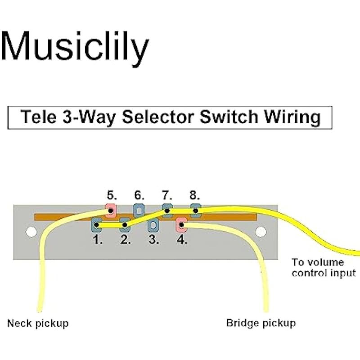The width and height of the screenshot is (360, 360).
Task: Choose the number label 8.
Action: (x=194, y=196)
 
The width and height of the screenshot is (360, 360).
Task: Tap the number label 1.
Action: (x=98, y=239)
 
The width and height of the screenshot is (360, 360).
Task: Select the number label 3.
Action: (x=154, y=239)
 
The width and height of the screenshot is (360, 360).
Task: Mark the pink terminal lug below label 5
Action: (x=110, y=210)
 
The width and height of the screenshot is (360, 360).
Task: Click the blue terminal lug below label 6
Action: (x=139, y=210)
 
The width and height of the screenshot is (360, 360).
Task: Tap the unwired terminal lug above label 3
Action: (x=153, y=224)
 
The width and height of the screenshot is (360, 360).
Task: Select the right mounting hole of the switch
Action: (x=261, y=232)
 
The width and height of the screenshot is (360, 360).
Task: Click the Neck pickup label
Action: (x=38, y=323)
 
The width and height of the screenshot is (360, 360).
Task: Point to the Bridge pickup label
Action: (x=261, y=323)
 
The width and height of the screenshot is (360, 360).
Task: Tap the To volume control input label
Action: (x=323, y=267)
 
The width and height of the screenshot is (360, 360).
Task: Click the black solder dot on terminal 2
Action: (x=125, y=224)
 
